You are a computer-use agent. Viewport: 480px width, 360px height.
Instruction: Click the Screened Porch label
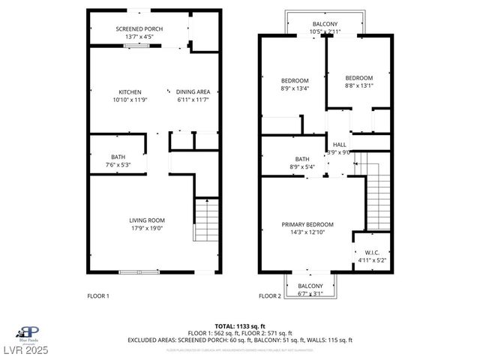click(x=139, y=29)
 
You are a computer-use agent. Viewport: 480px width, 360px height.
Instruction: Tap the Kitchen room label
click(x=130, y=91)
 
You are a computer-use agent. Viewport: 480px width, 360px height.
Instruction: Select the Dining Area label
click(x=192, y=91)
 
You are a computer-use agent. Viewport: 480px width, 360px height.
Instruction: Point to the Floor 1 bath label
click(x=118, y=157)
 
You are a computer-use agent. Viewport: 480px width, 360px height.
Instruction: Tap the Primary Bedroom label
click(x=307, y=224)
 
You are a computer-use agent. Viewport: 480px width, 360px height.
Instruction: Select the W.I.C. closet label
click(x=372, y=252)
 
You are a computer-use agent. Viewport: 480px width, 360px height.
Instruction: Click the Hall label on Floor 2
click(x=340, y=144)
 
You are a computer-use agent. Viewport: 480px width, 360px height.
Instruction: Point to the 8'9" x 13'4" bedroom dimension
click(x=295, y=88)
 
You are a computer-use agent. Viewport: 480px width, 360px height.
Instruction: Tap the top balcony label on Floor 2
click(x=324, y=24)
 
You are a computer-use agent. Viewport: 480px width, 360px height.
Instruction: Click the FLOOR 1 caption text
click(x=98, y=296)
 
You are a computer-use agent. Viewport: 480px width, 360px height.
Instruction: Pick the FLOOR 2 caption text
click(x=269, y=296)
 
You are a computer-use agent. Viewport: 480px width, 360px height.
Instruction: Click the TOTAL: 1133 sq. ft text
click(x=239, y=325)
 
